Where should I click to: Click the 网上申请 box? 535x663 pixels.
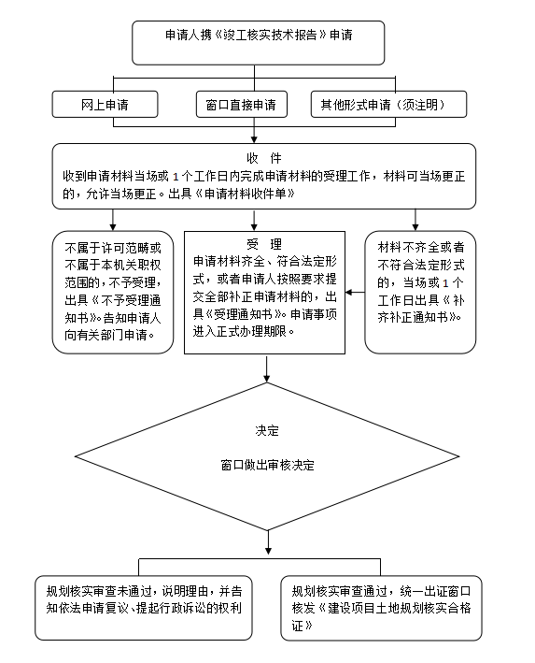[x=105, y=104]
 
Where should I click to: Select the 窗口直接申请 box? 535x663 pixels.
[x=242, y=104]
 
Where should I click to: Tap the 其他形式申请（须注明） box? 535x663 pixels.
[x=389, y=104]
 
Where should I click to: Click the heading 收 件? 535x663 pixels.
[x=264, y=158]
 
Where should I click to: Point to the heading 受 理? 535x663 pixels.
[x=264, y=244]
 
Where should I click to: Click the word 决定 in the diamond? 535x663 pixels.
[x=267, y=430]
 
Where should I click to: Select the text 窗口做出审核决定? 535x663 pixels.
[x=267, y=465]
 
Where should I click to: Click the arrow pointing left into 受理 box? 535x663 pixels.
[x=355, y=292]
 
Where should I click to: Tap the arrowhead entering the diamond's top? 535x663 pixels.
[x=266, y=379]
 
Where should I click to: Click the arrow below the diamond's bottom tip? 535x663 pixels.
[x=268, y=542]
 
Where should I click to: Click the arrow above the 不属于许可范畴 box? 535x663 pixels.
[x=113, y=220]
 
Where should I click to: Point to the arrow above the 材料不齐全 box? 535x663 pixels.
[x=415, y=220]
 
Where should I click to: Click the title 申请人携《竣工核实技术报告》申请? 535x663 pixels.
[x=259, y=35]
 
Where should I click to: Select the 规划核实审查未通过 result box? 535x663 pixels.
[x=144, y=608]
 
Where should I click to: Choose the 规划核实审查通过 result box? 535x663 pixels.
[x=381, y=608]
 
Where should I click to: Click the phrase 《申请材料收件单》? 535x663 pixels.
[x=244, y=194]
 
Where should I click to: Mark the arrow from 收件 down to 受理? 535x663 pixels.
[x=254, y=220]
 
